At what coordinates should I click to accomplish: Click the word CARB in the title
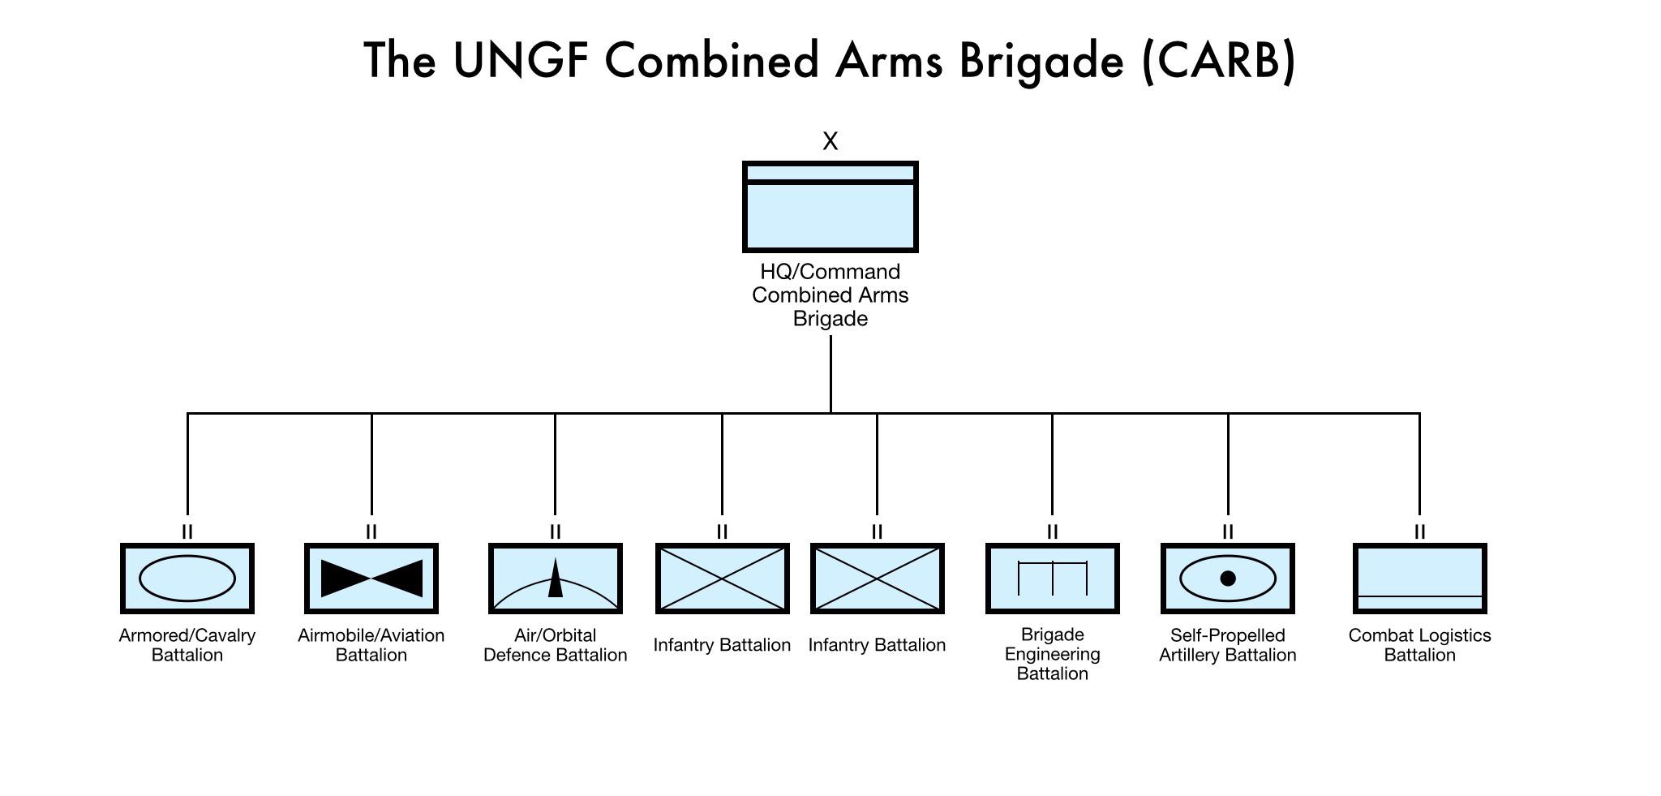1218,61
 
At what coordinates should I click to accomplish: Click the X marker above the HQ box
830,141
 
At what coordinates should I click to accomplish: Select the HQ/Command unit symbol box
830,207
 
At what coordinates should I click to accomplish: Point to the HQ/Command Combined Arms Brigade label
830,295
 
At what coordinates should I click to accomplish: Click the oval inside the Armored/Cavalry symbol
187,579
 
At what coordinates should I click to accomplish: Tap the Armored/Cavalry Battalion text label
187,645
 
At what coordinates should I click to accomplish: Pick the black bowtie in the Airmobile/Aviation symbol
371,579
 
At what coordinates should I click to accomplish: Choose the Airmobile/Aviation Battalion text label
371,645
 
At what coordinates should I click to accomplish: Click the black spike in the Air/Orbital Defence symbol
556,579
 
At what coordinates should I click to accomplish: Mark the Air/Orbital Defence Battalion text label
556,645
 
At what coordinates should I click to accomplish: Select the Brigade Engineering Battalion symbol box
1053,579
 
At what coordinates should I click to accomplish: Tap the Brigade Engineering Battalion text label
1053,654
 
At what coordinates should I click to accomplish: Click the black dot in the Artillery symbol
1228,579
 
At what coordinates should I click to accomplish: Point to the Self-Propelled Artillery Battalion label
1228,645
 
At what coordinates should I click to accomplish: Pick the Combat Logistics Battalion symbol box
1420,579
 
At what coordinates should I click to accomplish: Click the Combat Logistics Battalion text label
1420,645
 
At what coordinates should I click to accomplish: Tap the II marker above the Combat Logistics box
1420,531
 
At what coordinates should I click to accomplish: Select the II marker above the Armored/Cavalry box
187,531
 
